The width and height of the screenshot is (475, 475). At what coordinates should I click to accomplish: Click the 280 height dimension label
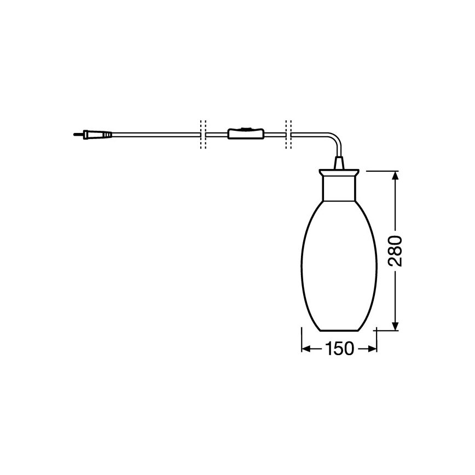pyautogui.click(x=395, y=251)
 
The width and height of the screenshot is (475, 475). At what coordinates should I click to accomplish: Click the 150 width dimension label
pyautogui.click(x=340, y=349)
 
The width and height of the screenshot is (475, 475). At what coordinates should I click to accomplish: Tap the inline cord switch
pyautogui.click(x=245, y=134)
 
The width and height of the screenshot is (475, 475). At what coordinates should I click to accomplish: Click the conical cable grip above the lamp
pyautogui.click(x=339, y=163)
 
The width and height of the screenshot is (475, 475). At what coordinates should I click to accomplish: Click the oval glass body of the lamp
pyautogui.click(x=339, y=263)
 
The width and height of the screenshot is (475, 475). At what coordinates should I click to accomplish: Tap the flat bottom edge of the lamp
pyautogui.click(x=339, y=331)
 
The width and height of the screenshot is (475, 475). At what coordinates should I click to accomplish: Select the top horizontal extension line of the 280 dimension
pyautogui.click(x=383, y=171)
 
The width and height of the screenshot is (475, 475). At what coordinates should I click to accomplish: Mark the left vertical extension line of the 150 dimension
pyautogui.click(x=302, y=339)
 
